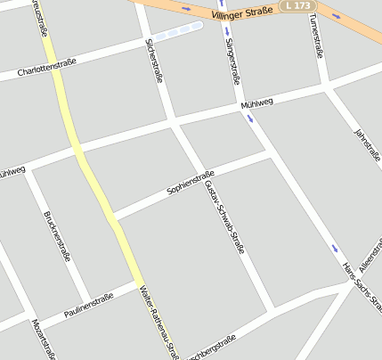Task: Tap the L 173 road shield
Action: pyautogui.click(x=296, y=6)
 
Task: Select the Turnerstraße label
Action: pyautogui.click(x=315, y=36)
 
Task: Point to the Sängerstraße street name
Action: pyautogui.click(x=232, y=59)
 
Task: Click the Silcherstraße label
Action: pyautogui.click(x=154, y=60)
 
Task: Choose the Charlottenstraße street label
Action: pyautogui.click(x=46, y=66)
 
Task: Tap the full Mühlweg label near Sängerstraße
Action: pyautogui.click(x=256, y=105)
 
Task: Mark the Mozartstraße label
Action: pyautogui.click(x=43, y=339)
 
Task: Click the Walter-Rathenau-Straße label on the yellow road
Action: pyautogui.click(x=158, y=321)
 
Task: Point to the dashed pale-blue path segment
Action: pyautogui.click(x=177, y=32)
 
